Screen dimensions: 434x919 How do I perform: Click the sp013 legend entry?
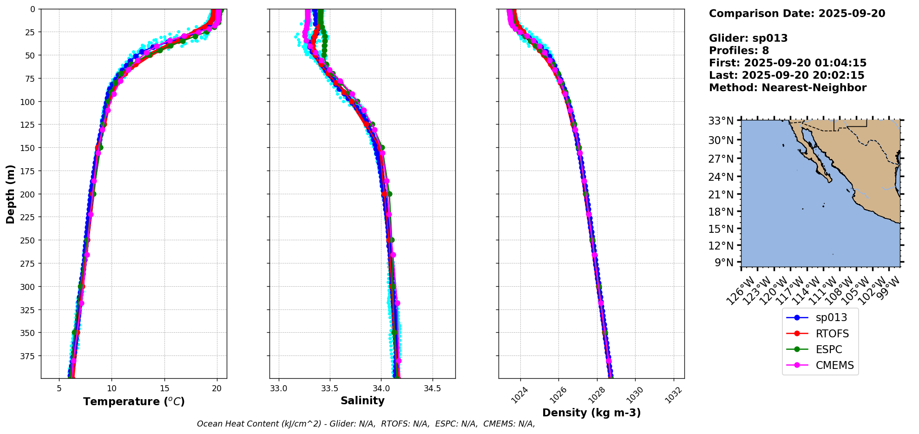831,318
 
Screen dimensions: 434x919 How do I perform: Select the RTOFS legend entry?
832,334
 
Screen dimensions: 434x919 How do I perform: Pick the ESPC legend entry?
828,349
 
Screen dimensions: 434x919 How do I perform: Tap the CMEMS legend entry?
834,366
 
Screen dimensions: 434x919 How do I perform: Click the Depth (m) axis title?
10,194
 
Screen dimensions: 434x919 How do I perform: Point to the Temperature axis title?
134,401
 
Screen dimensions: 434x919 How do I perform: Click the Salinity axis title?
362,401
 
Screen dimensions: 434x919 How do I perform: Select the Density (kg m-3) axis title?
591,413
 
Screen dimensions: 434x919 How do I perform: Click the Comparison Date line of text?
797,13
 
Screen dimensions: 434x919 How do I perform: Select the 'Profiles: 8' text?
739,51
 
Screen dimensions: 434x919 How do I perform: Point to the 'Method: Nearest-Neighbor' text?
788,88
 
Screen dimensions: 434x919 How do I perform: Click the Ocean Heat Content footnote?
366,424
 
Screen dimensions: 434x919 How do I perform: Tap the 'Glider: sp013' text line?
748,38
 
